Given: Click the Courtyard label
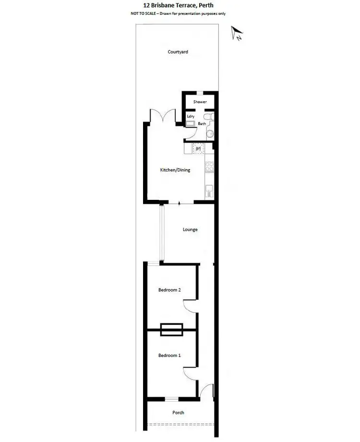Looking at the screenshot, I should click(178, 52).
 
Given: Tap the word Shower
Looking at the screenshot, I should click(200, 102).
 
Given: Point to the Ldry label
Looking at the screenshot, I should click(191, 116).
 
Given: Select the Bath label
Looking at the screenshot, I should click(202, 124).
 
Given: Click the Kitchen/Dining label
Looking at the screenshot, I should click(175, 170).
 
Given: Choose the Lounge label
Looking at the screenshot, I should click(190, 230).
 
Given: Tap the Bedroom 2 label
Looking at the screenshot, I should click(169, 290).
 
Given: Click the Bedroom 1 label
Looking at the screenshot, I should click(169, 356).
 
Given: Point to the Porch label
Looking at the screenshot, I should click(178, 413).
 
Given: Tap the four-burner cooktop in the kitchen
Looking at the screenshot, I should click(209, 168).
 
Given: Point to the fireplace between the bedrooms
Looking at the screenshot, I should click(171, 330).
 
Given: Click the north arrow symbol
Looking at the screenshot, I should click(237, 34).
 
